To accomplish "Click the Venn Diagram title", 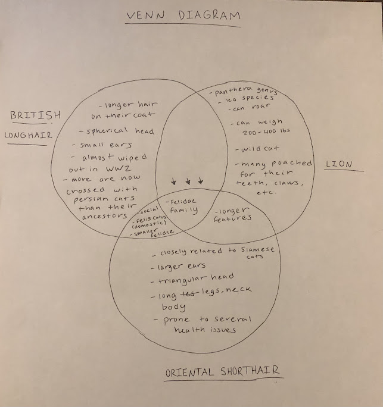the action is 181,16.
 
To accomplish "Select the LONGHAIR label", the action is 28,135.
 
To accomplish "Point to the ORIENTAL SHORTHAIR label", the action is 223,372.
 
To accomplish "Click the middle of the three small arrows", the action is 187,180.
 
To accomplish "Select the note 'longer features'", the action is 234,214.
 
